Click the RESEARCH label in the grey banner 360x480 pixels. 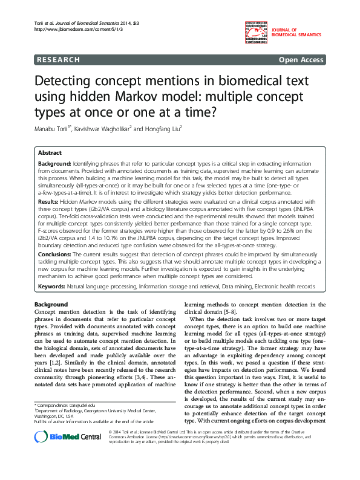58,60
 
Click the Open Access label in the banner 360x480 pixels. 301,60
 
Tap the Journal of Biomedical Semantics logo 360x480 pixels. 276,31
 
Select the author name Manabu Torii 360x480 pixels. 53,129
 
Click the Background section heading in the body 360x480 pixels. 51,303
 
